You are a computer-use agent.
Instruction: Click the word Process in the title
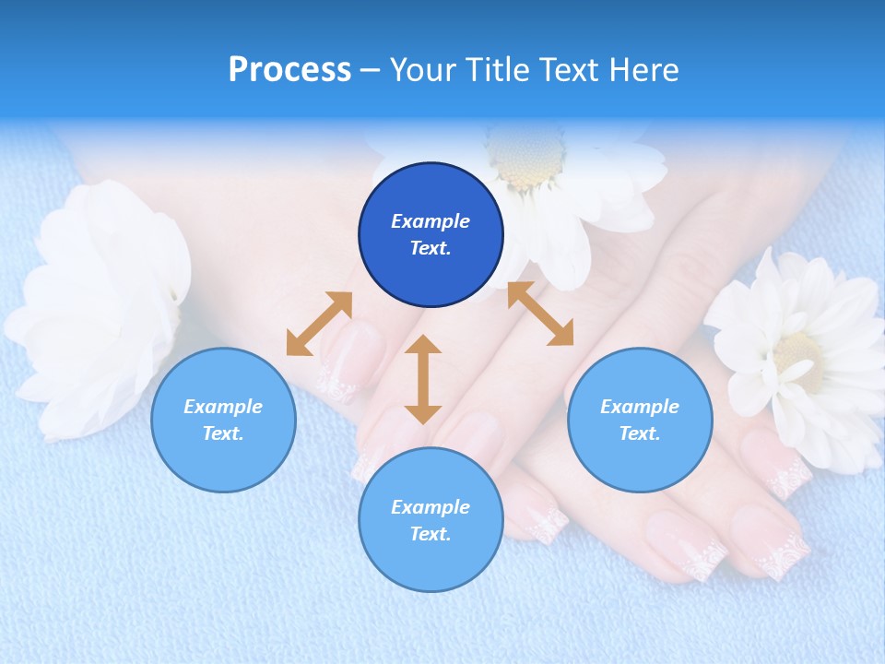tap(289, 70)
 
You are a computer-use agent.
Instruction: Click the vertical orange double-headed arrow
tap(423, 379)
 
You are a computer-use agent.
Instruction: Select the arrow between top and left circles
tap(319, 324)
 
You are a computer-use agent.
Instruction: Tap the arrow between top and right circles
tap(540, 314)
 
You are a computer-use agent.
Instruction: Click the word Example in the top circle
tap(431, 221)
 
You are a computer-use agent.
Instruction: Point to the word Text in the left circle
tap(223, 433)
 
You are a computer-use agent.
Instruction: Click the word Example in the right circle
tap(640, 407)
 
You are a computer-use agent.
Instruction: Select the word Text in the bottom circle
tap(431, 534)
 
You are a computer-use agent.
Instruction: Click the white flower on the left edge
tap(97, 304)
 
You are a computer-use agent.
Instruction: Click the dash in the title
tap(370, 70)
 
